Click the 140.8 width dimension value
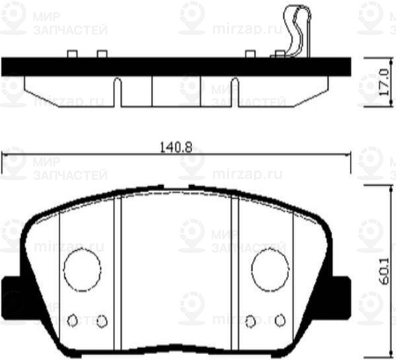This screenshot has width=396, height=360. [x=176, y=148]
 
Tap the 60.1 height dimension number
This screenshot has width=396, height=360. [x=382, y=271]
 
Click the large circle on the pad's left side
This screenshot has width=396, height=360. [x=82, y=270]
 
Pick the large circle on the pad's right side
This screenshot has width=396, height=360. [x=270, y=270]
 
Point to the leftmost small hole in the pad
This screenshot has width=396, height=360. [x=74, y=320]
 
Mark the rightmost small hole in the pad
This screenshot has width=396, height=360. [x=280, y=320]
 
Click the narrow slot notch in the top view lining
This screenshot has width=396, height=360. [x=117, y=92]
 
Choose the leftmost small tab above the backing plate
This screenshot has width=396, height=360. [x=73, y=54]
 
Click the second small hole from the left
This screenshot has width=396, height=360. [x=101, y=321]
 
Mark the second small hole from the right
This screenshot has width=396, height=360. [x=251, y=321]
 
